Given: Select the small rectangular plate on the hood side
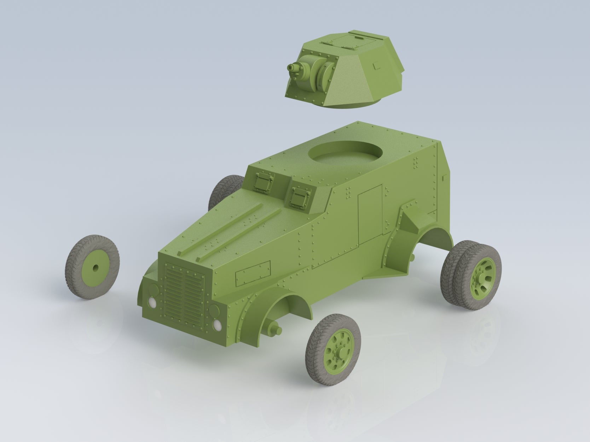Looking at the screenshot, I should [x=253, y=273].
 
